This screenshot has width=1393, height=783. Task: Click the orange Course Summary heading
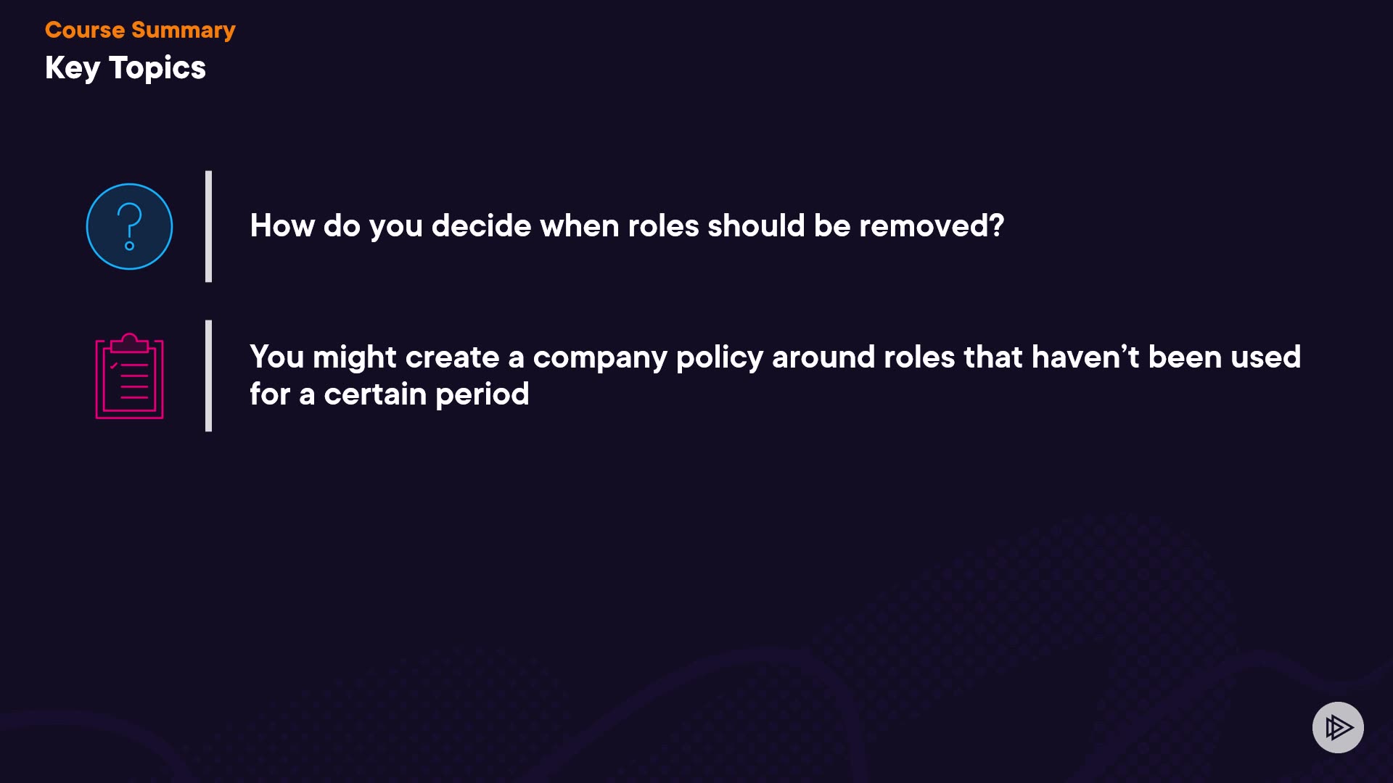click(x=140, y=30)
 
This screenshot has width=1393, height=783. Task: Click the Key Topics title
click(x=126, y=68)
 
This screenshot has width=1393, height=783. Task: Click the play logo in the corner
click(x=1338, y=727)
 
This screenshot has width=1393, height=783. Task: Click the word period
click(x=482, y=395)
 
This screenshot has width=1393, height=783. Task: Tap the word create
click(x=452, y=357)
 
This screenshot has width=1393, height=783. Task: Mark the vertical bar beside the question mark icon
click(x=208, y=226)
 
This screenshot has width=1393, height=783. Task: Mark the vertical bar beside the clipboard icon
click(x=208, y=376)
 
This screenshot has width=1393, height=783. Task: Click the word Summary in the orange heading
click(x=184, y=30)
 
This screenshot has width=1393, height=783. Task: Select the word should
click(x=756, y=226)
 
